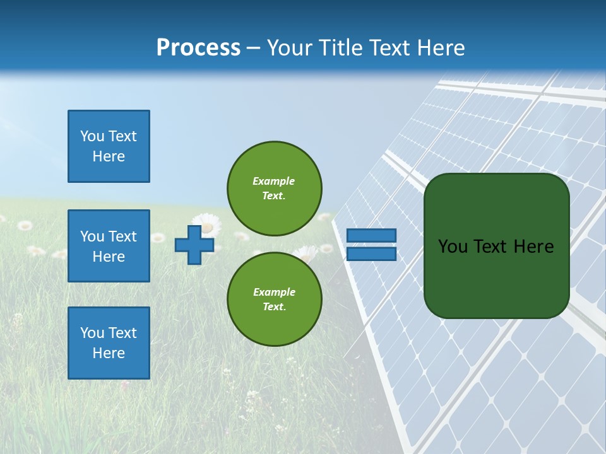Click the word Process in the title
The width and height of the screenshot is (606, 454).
coord(198,48)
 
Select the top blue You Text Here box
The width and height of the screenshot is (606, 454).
coord(109,146)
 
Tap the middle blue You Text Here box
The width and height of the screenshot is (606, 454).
coord(109,246)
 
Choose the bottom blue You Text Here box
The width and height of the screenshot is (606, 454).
coord(109,343)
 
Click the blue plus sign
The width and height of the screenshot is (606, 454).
coord(194,245)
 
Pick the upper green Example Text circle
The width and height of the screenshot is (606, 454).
coord(274,188)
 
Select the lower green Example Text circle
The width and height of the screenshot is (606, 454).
coord(274,299)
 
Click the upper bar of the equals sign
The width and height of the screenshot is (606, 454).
coord(371,235)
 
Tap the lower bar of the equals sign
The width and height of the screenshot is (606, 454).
coord(371,254)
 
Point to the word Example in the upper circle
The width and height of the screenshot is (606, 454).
coord(273,181)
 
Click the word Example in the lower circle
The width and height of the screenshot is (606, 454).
coord(274,292)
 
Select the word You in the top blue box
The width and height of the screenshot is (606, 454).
coord(92,136)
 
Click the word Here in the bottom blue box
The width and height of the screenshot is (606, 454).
coord(109,353)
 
